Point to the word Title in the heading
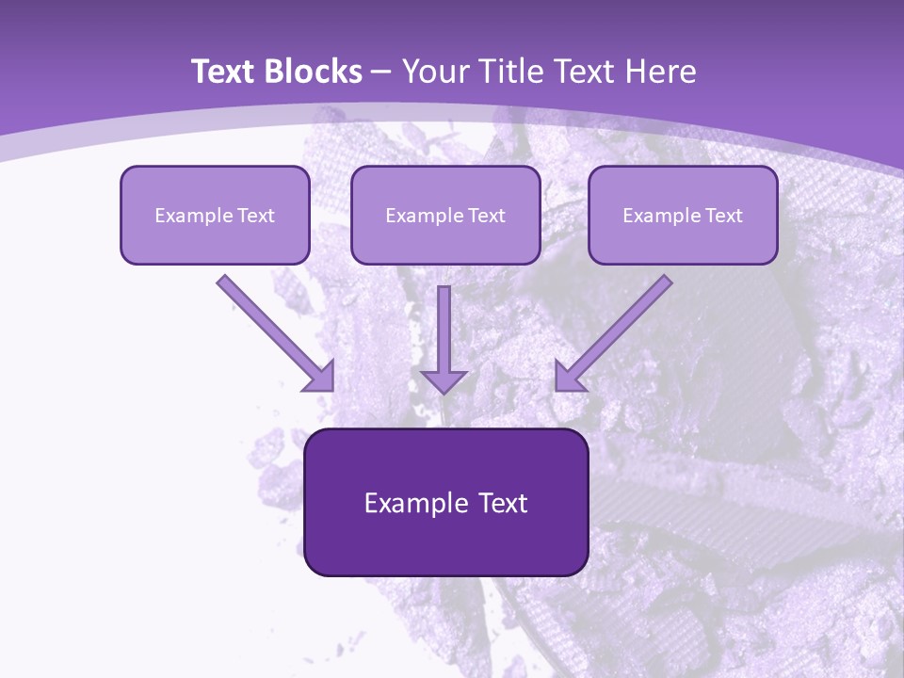click(509, 72)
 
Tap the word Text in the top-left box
click(256, 216)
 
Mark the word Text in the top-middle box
click(487, 216)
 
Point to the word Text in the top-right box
click(724, 216)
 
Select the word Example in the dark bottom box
click(412, 503)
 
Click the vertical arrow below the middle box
click(444, 339)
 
